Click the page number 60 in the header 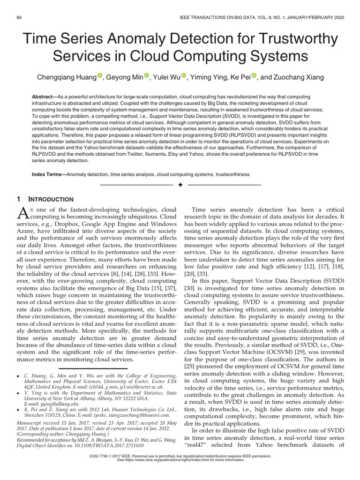(x=20, y=17)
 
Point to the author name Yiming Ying (x=212, y=77)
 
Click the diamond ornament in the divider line (x=180, y=186)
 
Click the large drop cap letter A (x=22, y=213)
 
